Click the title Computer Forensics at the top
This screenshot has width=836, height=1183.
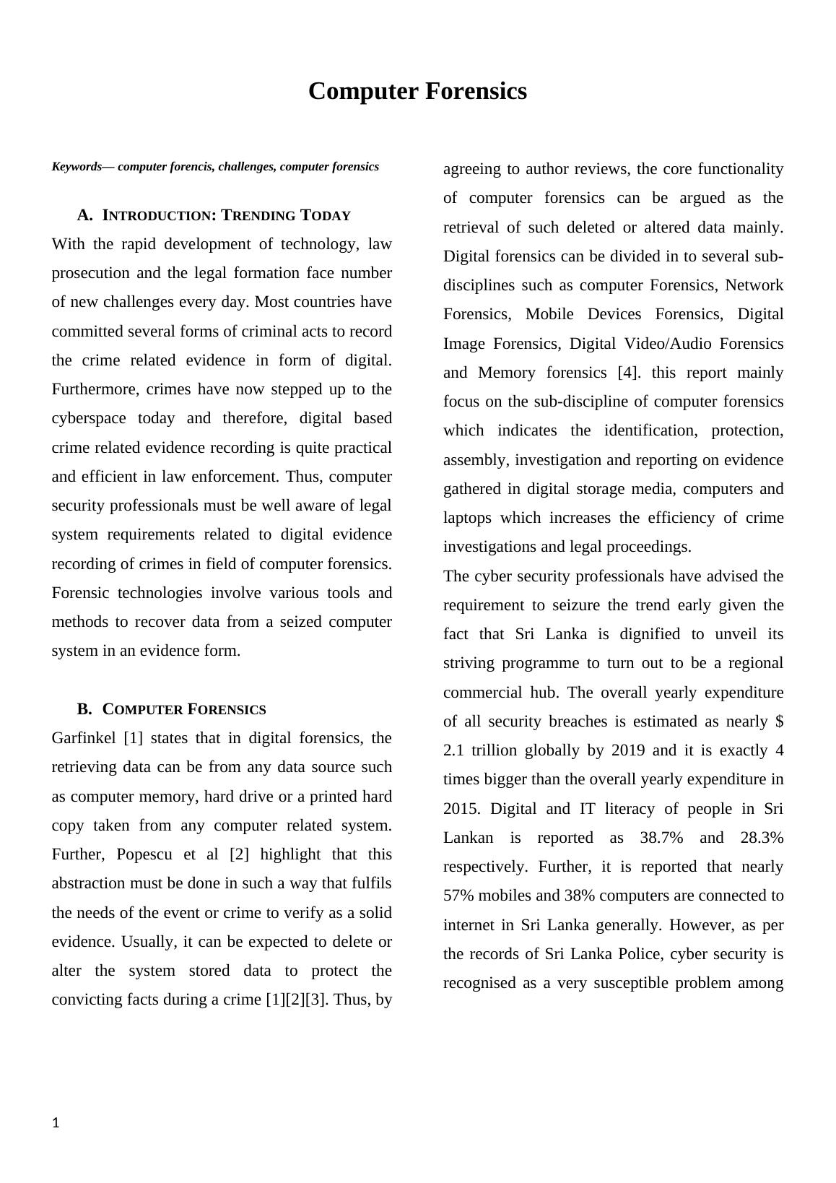point(417,92)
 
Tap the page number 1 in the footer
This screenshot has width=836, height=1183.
point(56,1123)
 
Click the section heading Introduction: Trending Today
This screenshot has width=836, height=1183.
point(226,215)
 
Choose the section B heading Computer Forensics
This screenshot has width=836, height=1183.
point(183,709)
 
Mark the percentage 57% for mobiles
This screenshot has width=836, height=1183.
point(458,896)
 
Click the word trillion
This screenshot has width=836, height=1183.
point(494,750)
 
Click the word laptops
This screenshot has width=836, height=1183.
point(467,518)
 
